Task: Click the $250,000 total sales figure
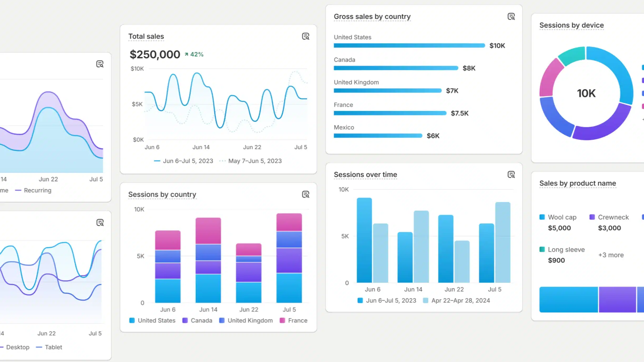pos(155,55)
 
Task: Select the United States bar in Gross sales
pos(409,46)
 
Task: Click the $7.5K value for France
pos(459,113)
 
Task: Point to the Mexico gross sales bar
pos(378,136)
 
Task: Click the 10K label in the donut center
pos(586,93)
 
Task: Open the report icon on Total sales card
pos(305,36)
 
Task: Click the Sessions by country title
pos(162,194)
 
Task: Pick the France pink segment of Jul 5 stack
pos(289,222)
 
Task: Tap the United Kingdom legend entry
pos(250,321)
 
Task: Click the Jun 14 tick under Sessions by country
pos(208,310)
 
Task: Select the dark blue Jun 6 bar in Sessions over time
pos(364,240)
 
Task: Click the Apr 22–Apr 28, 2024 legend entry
pos(460,301)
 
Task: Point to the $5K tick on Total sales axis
pos(137,104)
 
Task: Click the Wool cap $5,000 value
pos(559,228)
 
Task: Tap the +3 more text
pos(611,255)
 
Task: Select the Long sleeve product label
pos(566,250)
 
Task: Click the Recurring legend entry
pos(37,190)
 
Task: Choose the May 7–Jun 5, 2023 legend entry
pos(254,161)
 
